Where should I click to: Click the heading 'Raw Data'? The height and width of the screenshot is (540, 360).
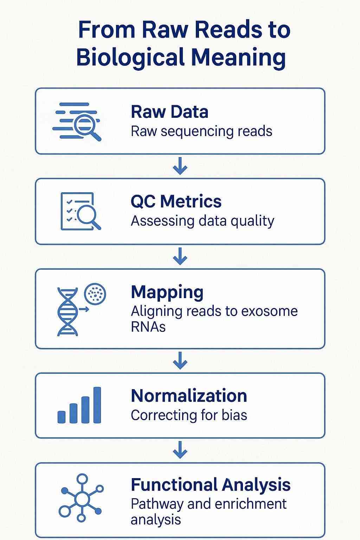pos(169,112)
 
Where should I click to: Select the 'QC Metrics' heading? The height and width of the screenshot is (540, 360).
pos(176,201)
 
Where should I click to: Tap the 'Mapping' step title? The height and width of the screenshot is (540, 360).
pos(167,292)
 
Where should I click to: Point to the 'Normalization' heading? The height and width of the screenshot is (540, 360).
pos(189,396)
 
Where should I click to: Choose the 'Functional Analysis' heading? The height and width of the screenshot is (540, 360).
pos(211,484)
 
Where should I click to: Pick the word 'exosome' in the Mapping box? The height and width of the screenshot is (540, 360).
pos(269,311)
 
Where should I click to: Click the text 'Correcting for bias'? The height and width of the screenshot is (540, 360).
pos(189,415)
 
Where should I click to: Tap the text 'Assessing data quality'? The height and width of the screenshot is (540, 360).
pos(202,221)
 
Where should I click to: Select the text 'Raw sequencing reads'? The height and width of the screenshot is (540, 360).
pos(201,131)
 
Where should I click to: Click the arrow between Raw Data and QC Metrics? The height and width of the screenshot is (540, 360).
pos(180,166)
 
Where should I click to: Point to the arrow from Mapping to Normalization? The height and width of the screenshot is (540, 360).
pos(180,361)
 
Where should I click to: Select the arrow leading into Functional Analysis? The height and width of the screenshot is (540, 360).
pos(180,450)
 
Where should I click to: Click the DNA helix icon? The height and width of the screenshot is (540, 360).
pos(68,312)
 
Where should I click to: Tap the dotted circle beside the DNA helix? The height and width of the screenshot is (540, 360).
pos(95,294)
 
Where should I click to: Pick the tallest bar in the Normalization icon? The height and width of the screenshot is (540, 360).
pos(97,405)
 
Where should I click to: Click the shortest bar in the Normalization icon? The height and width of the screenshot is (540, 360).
pos(62,417)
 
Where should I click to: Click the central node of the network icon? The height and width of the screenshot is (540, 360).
pos(82,499)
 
